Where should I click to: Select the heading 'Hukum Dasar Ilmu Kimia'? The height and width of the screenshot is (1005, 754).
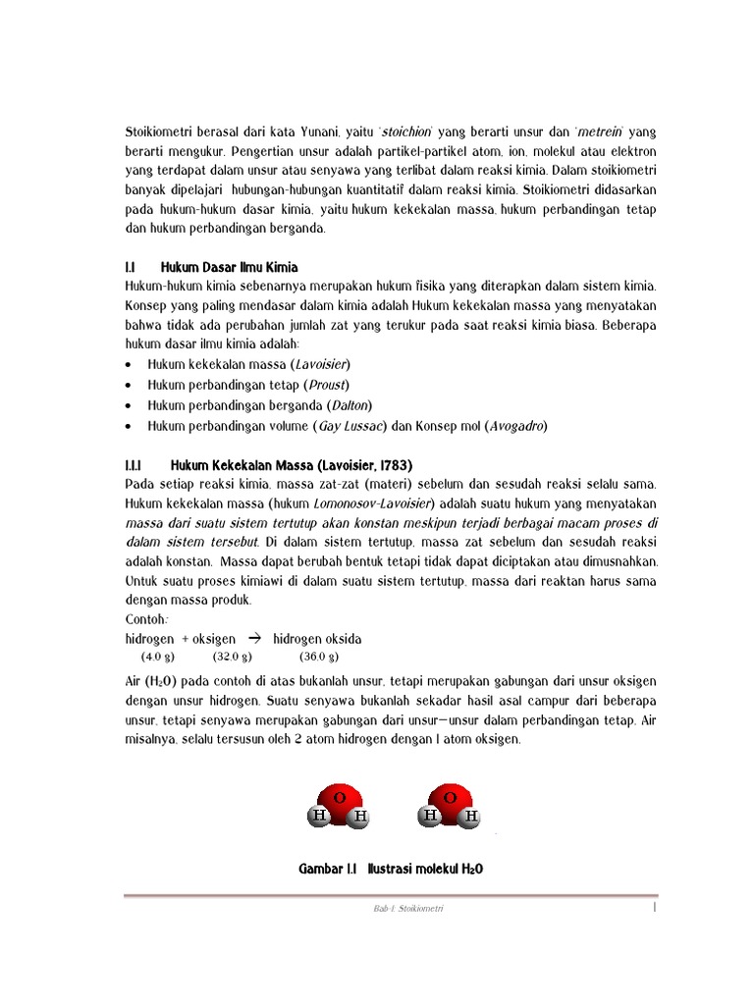coord(229,267)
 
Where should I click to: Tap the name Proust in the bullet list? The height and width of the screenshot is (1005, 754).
coord(326,384)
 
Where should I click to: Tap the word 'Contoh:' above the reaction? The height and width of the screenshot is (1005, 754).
coord(146,620)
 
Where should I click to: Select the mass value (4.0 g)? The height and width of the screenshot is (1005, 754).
coord(157,657)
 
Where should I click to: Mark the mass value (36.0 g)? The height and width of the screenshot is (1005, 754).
coord(319,657)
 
